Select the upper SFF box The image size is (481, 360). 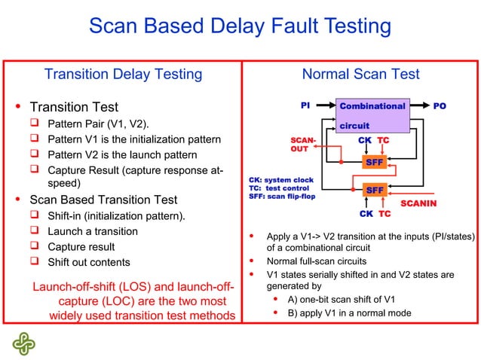pyautogui.click(x=375, y=162)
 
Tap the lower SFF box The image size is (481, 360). pyautogui.click(x=375, y=190)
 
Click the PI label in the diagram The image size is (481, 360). pyautogui.click(x=305, y=106)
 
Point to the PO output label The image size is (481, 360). pyautogui.click(x=439, y=106)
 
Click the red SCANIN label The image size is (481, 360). pyautogui.click(x=418, y=204)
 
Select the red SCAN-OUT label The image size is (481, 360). pyautogui.click(x=303, y=145)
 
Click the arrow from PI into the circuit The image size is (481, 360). pyautogui.click(x=324, y=106)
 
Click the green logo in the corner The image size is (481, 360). pyautogui.click(x=23, y=342)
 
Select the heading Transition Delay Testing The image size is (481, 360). pyautogui.click(x=123, y=74)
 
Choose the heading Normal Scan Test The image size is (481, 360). pyautogui.click(x=360, y=74)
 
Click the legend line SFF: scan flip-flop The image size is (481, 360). pyautogui.click(x=281, y=197)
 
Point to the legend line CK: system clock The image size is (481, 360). pyautogui.click(x=280, y=180)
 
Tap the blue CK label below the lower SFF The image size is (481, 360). pyautogui.click(x=366, y=213)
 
